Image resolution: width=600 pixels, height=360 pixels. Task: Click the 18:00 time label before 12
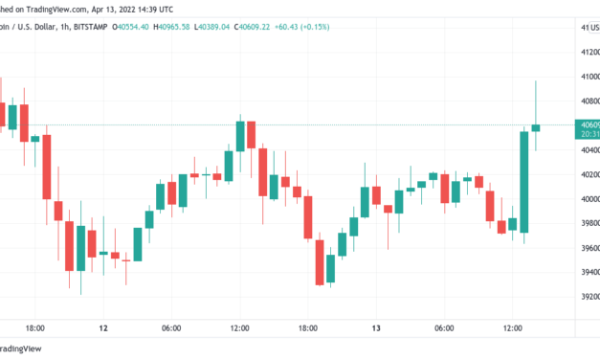[35, 328]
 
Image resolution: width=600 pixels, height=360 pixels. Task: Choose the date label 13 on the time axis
[377, 328]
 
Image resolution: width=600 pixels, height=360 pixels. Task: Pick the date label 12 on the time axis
[102, 328]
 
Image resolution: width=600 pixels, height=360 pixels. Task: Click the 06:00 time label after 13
[444, 328]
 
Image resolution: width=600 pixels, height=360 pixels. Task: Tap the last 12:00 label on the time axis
[512, 328]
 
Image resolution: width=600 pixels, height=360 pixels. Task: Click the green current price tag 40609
[587, 125]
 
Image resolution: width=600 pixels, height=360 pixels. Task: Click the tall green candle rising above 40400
[524, 181]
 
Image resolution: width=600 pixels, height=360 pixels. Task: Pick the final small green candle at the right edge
[536, 127]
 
